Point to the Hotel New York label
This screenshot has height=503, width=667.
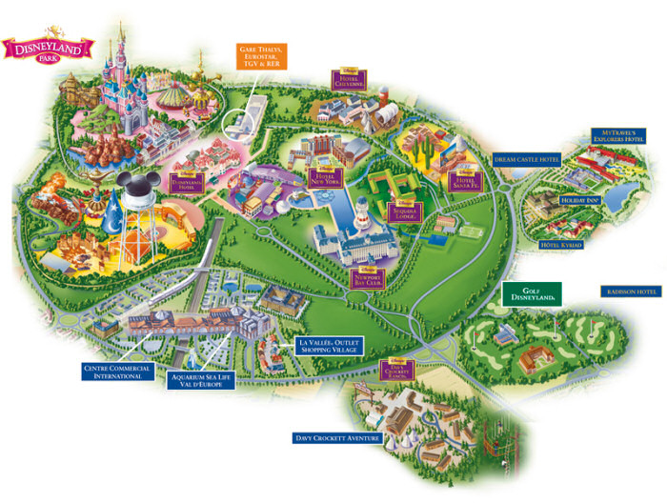click(326, 176)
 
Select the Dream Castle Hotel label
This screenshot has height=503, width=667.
click(527, 160)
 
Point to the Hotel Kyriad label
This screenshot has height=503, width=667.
click(559, 246)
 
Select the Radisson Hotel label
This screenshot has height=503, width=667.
click(630, 292)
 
